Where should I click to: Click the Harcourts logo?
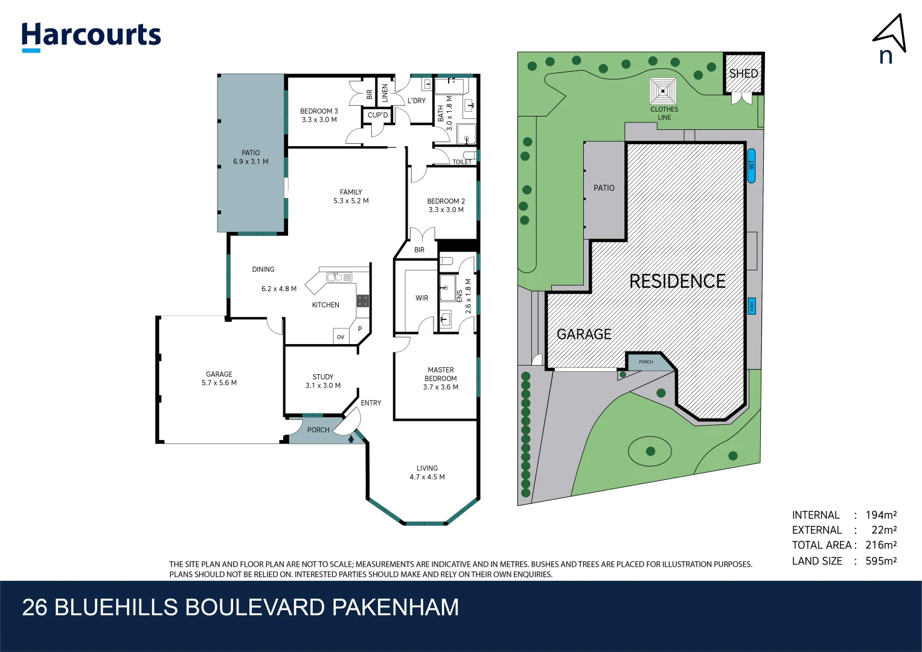(91, 36)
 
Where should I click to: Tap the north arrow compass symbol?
(890, 37)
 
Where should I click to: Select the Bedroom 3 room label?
(319, 111)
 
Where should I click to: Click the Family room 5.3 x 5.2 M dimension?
(351, 201)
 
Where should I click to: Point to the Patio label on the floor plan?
(251, 153)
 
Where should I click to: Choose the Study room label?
(323, 377)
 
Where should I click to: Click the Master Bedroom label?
(441, 374)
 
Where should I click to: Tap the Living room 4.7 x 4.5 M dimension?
(427, 477)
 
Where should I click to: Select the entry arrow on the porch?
(351, 439)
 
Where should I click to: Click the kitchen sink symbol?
(339, 277)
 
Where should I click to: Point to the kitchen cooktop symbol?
(362, 301)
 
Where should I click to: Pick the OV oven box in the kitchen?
(341, 337)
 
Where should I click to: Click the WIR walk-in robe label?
(421, 298)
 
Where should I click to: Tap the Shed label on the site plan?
(743, 74)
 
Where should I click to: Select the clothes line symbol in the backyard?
(663, 91)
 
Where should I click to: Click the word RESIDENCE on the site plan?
(677, 281)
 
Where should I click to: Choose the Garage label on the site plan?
(583, 334)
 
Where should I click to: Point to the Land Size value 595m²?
(881, 561)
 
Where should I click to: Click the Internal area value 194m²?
(881, 515)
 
